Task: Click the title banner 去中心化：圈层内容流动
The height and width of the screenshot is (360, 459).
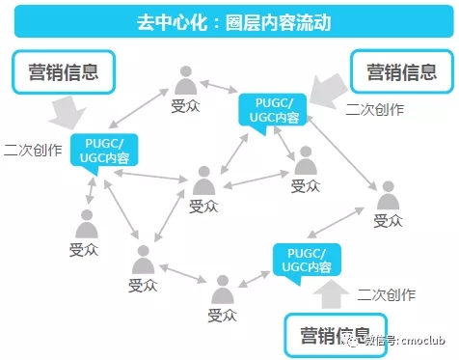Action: tap(229, 19)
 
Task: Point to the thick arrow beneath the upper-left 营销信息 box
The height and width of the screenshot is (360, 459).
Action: tap(61, 114)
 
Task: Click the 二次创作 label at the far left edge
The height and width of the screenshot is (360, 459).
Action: tap(32, 151)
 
